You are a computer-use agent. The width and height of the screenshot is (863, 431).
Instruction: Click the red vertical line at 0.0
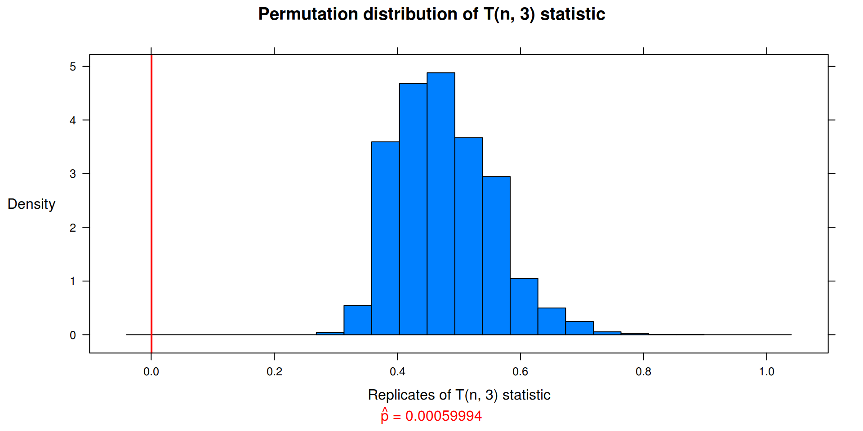[151, 202]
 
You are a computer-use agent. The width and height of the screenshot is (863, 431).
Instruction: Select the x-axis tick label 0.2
[274, 372]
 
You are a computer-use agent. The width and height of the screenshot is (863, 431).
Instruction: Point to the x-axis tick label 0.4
[397, 372]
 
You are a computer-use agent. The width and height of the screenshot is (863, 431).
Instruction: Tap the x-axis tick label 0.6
[520, 372]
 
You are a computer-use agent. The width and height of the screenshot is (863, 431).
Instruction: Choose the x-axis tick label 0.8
[643, 372]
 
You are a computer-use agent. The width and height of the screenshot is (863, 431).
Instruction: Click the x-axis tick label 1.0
[766, 372]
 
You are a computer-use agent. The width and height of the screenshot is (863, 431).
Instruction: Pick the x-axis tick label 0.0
[151, 372]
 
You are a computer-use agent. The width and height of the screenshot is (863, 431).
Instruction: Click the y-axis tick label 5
[73, 67]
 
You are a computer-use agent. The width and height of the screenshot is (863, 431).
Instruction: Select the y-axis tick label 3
[73, 174]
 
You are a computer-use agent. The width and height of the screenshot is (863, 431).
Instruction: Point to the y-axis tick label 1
[73, 281]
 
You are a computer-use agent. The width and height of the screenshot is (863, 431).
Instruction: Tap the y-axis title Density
[31, 204]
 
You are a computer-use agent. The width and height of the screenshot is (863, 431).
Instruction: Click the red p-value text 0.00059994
[443, 416]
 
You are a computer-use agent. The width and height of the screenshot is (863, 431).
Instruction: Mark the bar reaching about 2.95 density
[496, 256]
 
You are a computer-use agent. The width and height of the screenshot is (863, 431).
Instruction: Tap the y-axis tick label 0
[73, 335]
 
